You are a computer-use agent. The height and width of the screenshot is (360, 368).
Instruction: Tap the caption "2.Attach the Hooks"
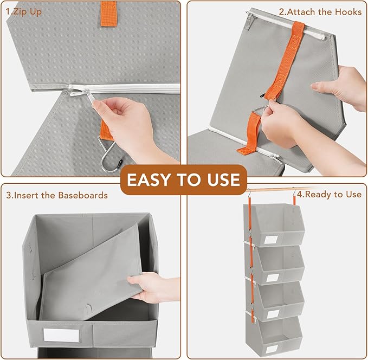(319, 11)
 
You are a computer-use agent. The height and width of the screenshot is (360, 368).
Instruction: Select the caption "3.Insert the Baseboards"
(57, 195)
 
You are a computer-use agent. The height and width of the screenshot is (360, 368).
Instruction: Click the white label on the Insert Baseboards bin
(60, 335)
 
